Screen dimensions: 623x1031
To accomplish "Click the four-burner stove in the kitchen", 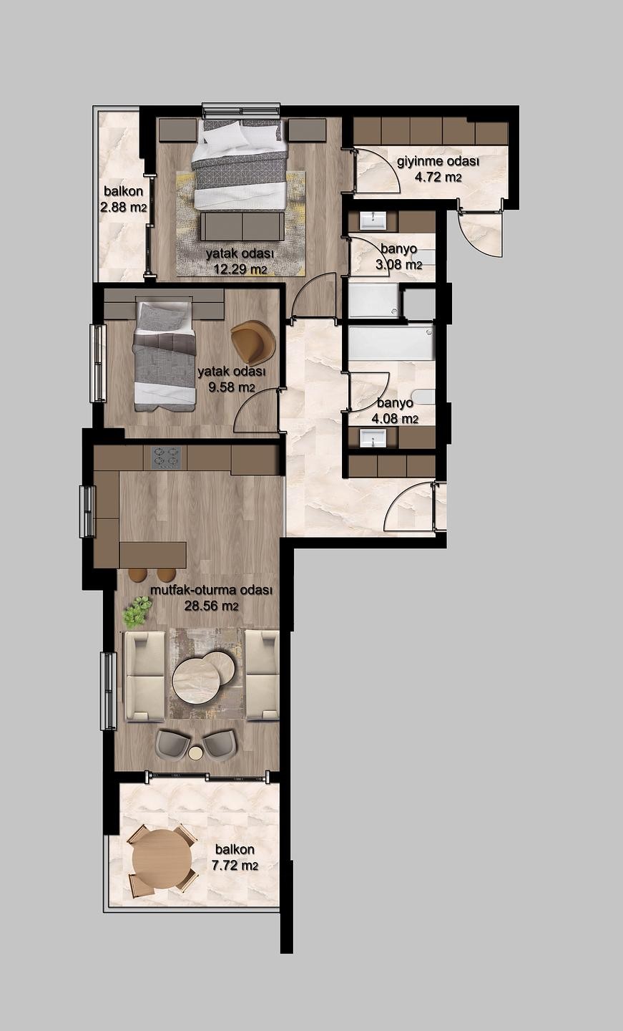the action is pyautogui.click(x=166, y=458).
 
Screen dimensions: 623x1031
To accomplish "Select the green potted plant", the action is pyautogui.click(x=137, y=612).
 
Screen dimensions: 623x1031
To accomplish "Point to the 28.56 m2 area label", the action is pyautogui.click(x=212, y=606).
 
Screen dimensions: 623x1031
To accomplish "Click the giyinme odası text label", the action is pyautogui.click(x=438, y=162).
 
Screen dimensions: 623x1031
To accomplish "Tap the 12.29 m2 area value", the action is pyautogui.click(x=240, y=269).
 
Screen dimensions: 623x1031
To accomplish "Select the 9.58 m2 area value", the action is pyautogui.click(x=232, y=387).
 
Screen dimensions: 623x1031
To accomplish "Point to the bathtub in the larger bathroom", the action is pyautogui.click(x=391, y=342).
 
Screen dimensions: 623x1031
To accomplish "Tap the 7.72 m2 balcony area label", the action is pyautogui.click(x=235, y=866).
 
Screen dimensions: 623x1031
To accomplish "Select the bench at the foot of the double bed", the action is pyautogui.click(x=242, y=226).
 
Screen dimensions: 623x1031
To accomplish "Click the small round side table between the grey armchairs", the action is pyautogui.click(x=196, y=753).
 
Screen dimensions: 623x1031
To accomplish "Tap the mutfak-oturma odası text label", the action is pyautogui.click(x=212, y=590).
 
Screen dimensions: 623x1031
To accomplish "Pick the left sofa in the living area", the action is pyautogui.click(x=144, y=676).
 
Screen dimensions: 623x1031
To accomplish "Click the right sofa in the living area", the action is pyautogui.click(x=262, y=674).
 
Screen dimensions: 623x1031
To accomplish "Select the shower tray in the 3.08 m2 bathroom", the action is pyautogui.click(x=373, y=301).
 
